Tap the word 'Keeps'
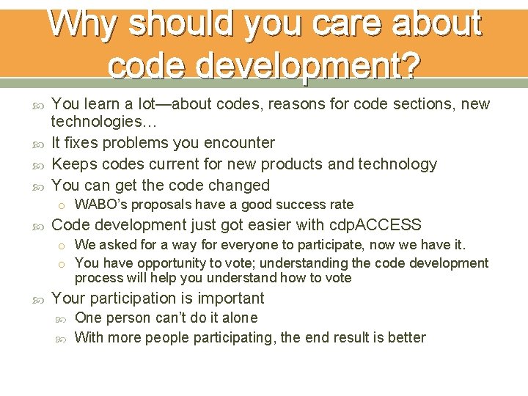point(75,164)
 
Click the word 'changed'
point(238,185)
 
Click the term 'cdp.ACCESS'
point(378,225)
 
